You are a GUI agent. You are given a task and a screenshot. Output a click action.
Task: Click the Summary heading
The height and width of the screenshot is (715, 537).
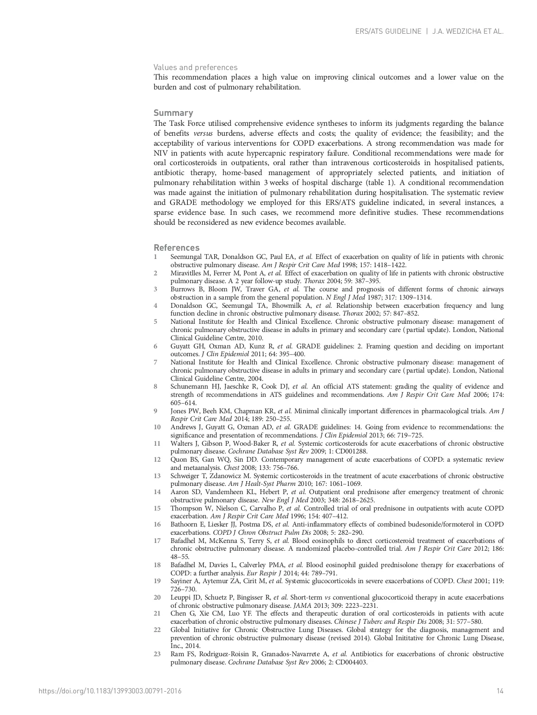[173, 113]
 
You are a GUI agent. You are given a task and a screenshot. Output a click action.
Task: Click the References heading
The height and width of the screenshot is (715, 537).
[177, 248]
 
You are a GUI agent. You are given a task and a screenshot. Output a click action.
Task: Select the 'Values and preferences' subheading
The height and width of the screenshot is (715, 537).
[196, 67]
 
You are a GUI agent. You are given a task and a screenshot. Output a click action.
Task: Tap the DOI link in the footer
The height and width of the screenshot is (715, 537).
[110, 691]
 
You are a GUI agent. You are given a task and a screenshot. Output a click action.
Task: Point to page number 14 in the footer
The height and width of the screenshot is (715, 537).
[500, 691]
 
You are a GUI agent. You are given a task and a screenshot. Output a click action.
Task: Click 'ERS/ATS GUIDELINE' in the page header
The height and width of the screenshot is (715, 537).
[388, 32]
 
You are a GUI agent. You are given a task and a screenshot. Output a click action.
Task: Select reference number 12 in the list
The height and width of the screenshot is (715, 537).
[157, 460]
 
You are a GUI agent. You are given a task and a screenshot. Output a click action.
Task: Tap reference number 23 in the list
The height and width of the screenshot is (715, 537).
[157, 654]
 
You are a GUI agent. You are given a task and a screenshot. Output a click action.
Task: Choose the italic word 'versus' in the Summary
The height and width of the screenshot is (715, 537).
[203, 134]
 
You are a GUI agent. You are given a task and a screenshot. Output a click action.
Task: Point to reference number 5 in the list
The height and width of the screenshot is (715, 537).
[155, 322]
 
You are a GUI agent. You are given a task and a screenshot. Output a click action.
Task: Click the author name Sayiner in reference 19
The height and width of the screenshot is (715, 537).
[182, 581]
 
